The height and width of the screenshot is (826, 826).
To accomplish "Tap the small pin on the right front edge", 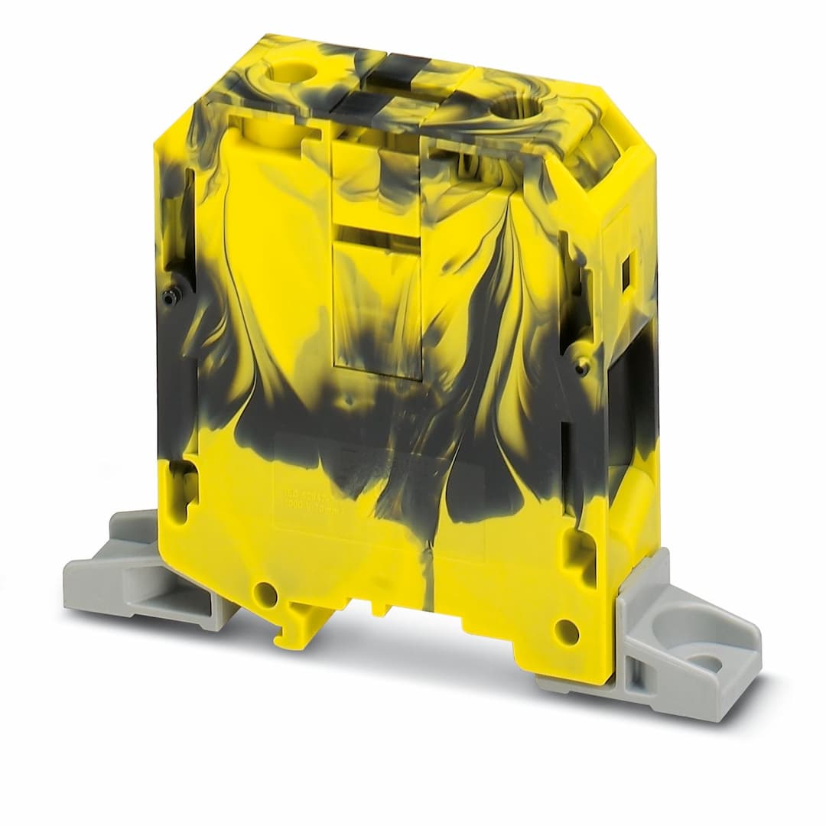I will pyautogui.click(x=583, y=368).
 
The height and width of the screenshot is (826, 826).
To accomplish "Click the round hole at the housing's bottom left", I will pyautogui.click(x=265, y=593).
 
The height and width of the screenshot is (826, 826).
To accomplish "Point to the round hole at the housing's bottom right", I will pyautogui.click(x=566, y=631).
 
